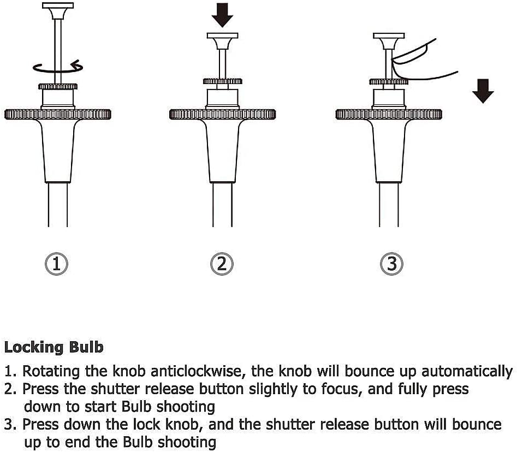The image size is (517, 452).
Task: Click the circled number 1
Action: click(57, 264)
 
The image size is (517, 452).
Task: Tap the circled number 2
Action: click(222, 264)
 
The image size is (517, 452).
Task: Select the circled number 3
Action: click(391, 264)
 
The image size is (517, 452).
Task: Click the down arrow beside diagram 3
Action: click(483, 90)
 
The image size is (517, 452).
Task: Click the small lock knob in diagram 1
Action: click(58, 86)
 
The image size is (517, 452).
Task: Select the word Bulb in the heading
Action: click(86, 347)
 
